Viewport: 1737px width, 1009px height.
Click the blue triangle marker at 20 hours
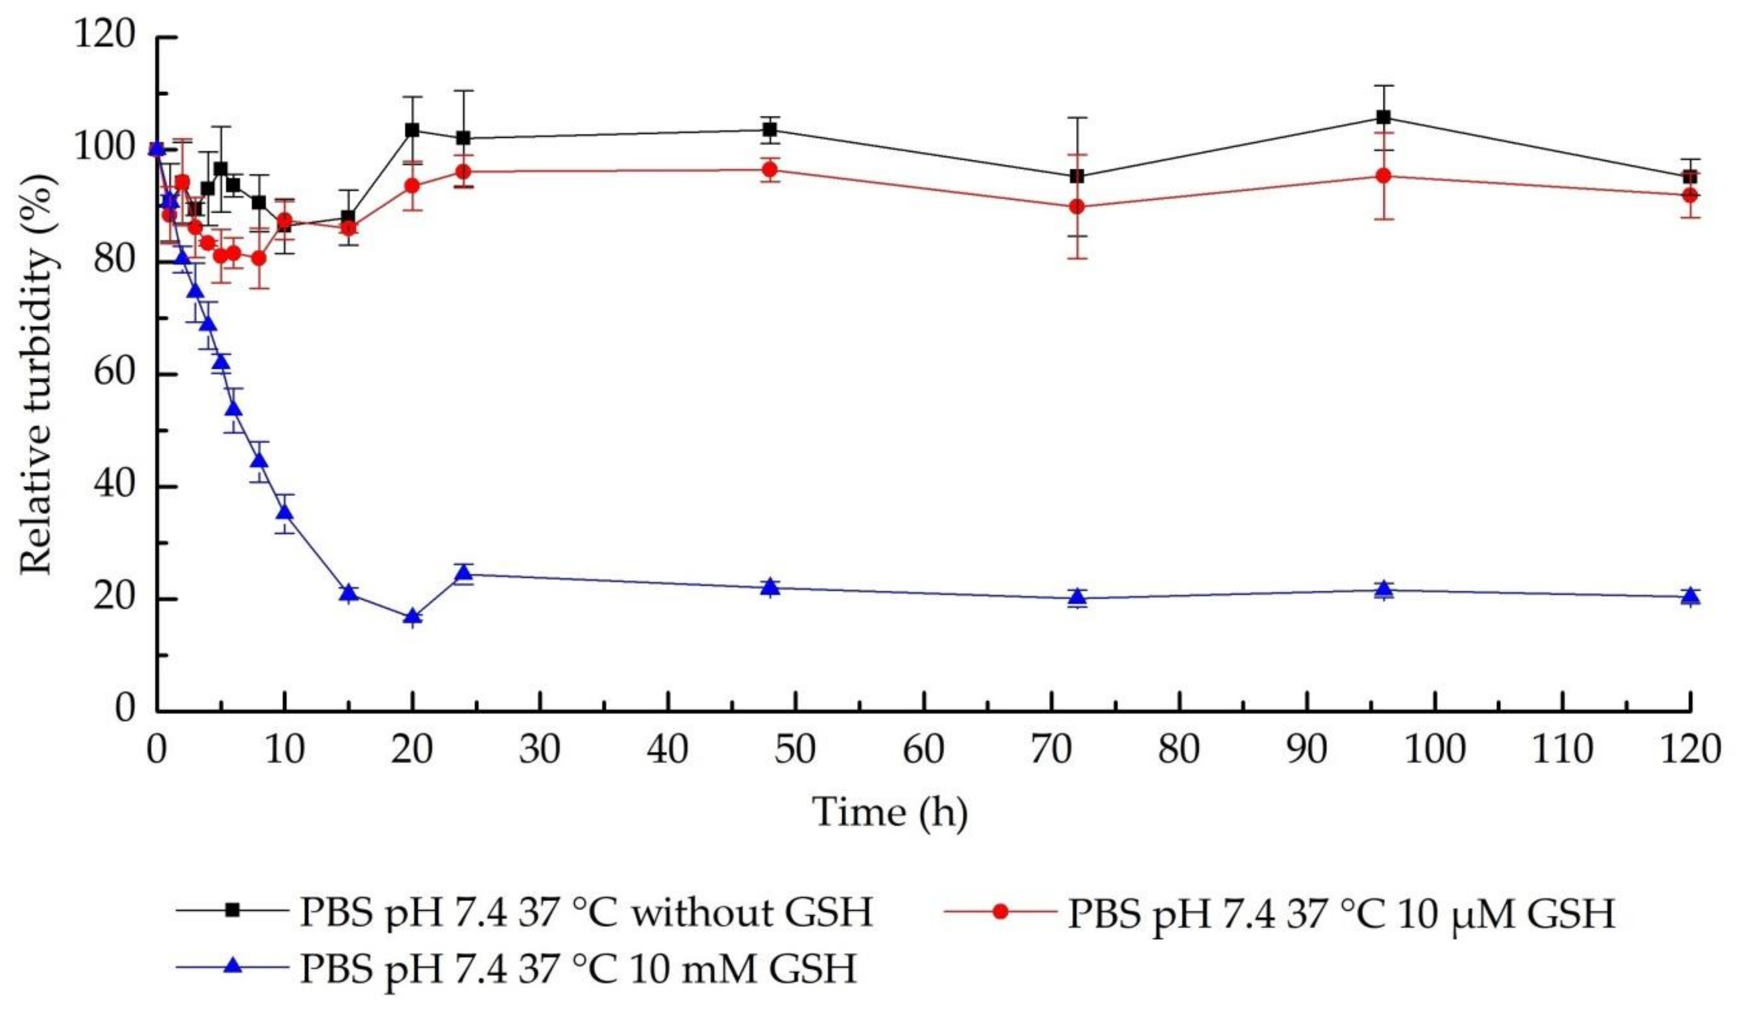pos(412,617)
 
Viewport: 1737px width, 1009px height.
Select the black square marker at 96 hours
pos(1383,117)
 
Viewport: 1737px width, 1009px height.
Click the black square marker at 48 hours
pos(770,130)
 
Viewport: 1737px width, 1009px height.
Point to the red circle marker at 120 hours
pos(1689,195)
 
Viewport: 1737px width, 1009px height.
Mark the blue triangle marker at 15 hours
pos(349,593)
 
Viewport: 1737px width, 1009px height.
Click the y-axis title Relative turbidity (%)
pos(36,373)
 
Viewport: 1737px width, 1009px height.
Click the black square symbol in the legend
pos(233,911)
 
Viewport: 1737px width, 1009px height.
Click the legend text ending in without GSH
pos(586,912)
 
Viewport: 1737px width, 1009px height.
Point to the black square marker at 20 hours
pos(412,130)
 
